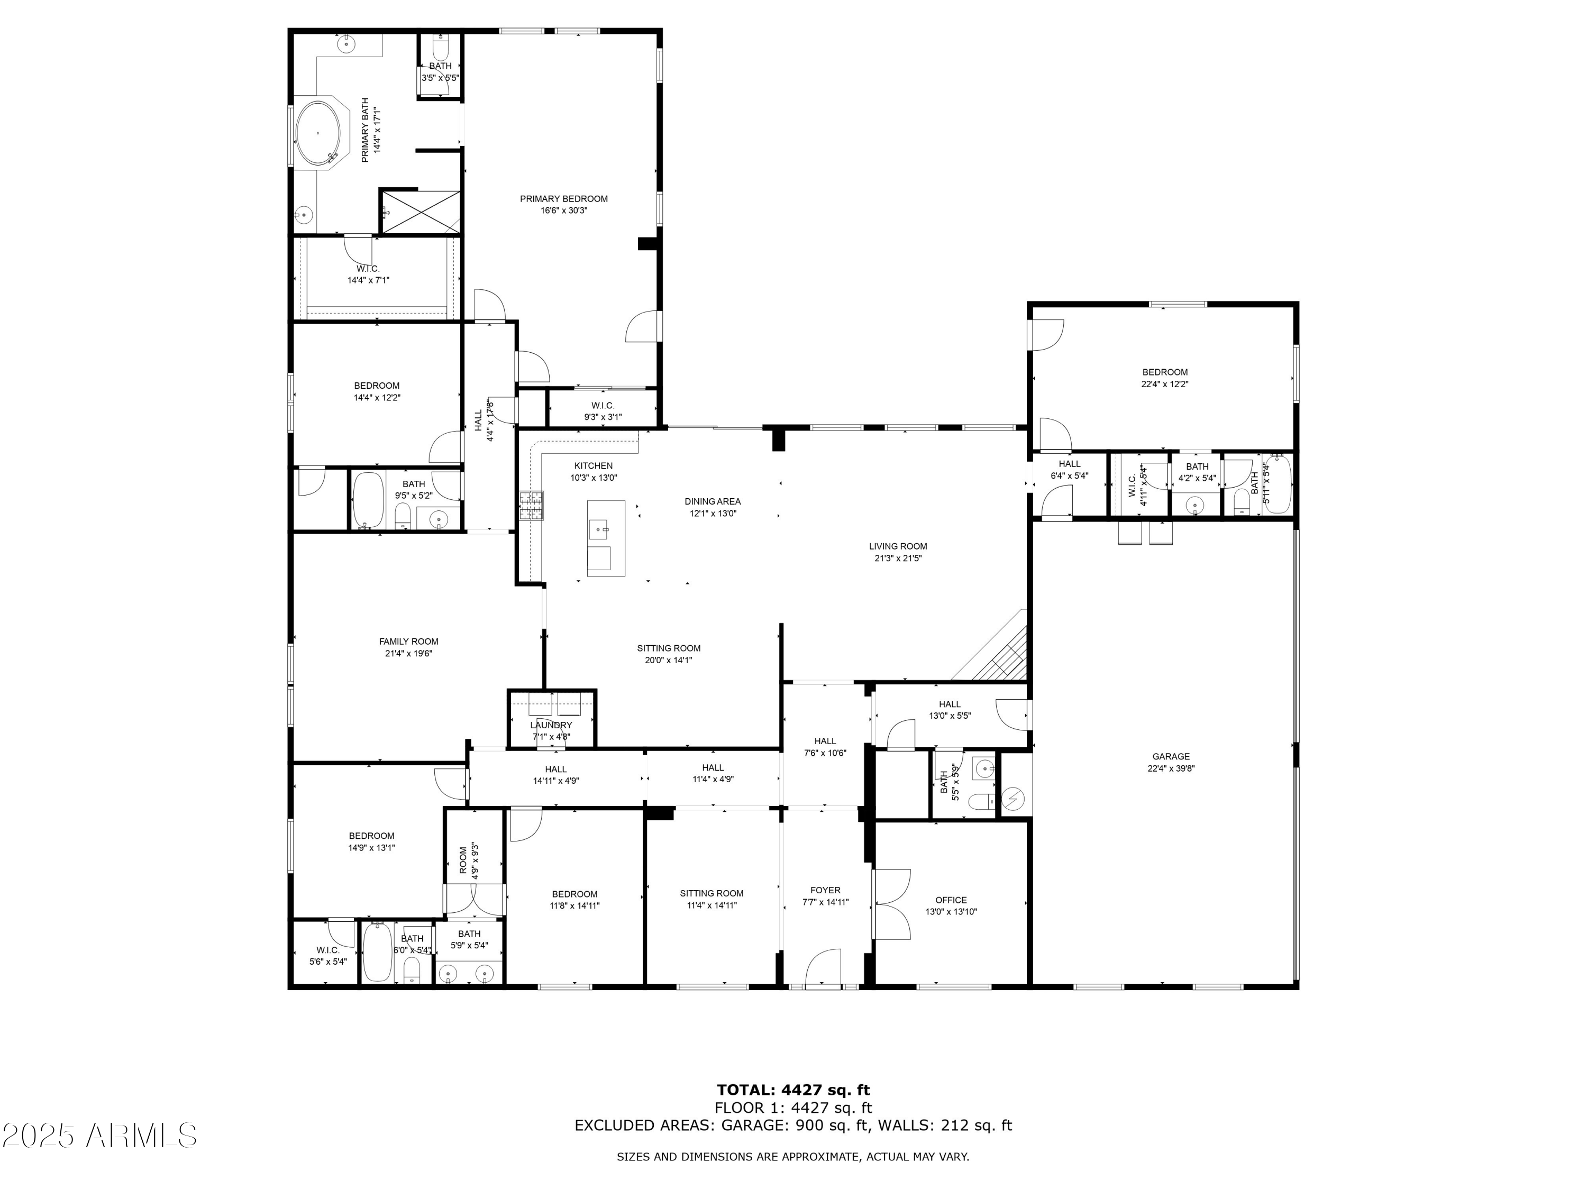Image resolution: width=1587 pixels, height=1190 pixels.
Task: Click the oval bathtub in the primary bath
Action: [320, 133]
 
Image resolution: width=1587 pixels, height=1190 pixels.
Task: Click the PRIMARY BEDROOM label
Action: [563, 199]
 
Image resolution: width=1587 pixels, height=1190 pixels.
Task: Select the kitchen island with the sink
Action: [606, 538]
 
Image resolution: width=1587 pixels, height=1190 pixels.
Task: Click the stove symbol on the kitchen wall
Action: [531, 505]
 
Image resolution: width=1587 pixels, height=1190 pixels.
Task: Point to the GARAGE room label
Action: [1171, 756]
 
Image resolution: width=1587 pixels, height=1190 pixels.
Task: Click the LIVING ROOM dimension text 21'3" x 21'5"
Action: [898, 558]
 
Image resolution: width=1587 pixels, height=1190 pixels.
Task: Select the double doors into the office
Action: [892, 904]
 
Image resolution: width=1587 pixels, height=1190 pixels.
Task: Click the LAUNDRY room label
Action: [551, 725]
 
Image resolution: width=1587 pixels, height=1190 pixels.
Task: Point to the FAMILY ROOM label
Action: [408, 641]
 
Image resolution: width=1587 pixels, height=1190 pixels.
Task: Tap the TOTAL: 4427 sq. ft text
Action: [793, 1090]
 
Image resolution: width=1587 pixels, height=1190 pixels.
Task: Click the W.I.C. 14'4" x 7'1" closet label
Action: [368, 274]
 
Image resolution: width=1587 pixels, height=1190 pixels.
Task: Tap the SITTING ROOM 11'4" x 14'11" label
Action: [711, 899]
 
